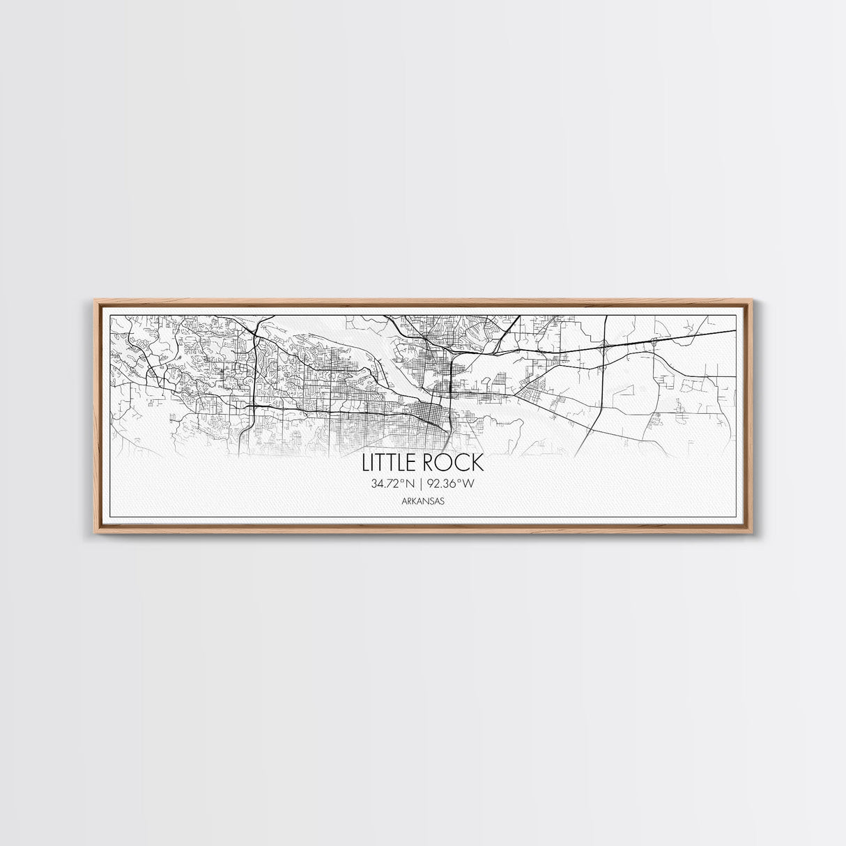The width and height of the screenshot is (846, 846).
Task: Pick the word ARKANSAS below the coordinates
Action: (423, 500)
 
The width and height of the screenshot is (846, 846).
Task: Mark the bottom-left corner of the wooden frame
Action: (95, 533)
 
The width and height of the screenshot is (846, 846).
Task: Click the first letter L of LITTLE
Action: (364, 463)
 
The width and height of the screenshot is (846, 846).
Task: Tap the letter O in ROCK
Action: (443, 463)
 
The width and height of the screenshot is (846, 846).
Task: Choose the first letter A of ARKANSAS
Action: (404, 500)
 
